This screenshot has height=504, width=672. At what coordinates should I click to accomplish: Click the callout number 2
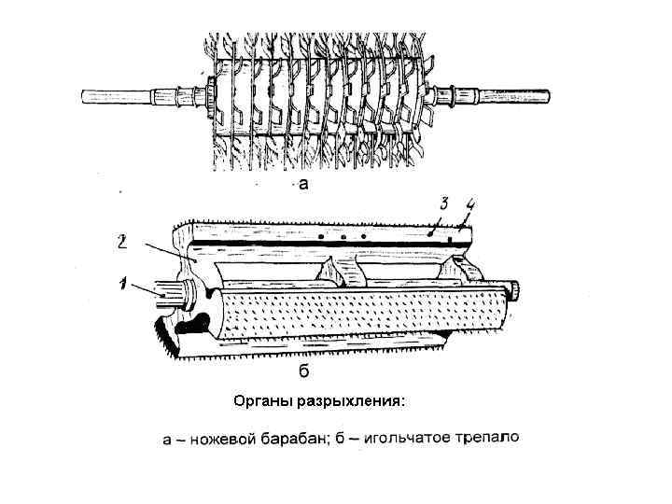tap(123, 242)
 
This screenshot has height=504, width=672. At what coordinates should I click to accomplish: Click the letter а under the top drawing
tap(302, 183)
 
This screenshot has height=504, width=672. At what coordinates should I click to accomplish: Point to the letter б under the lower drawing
tap(303, 371)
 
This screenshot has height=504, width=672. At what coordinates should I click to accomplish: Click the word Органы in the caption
tap(260, 402)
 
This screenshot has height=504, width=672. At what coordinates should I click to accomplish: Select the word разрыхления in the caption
tap(351, 402)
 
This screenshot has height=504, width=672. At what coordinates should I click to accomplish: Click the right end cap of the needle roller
tap(511, 291)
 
